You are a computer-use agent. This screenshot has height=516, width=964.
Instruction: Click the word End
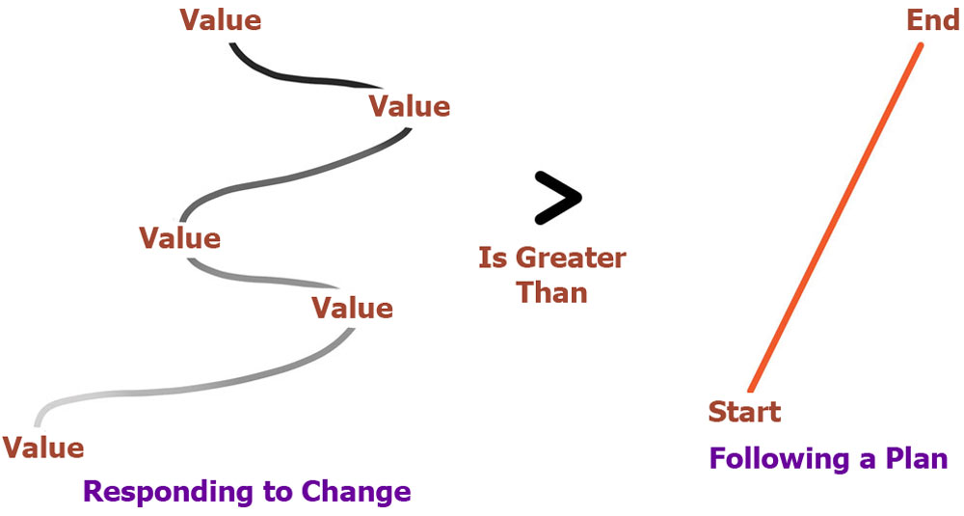(x=932, y=20)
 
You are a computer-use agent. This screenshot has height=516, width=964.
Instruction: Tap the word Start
(x=744, y=412)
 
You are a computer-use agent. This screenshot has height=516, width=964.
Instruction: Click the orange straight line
(x=836, y=217)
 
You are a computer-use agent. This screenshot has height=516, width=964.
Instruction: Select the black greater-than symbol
(x=557, y=198)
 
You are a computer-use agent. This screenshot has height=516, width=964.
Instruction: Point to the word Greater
(x=571, y=258)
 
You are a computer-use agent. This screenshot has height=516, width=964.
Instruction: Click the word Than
(x=552, y=292)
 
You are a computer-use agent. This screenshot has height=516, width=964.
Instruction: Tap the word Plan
(x=917, y=458)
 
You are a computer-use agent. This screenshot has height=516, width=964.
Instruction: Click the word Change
(x=357, y=491)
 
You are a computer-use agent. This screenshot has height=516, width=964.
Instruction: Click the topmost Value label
(x=220, y=19)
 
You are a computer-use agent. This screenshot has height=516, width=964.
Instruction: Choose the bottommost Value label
(x=43, y=448)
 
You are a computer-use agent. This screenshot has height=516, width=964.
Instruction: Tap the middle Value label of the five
(x=179, y=238)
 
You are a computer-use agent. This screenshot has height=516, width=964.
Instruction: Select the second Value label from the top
(x=410, y=106)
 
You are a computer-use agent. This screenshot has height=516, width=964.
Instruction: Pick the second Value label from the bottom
(x=352, y=308)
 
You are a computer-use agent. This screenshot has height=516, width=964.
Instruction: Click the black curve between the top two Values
(x=295, y=78)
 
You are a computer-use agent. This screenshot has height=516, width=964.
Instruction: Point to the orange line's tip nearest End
(x=921, y=44)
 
